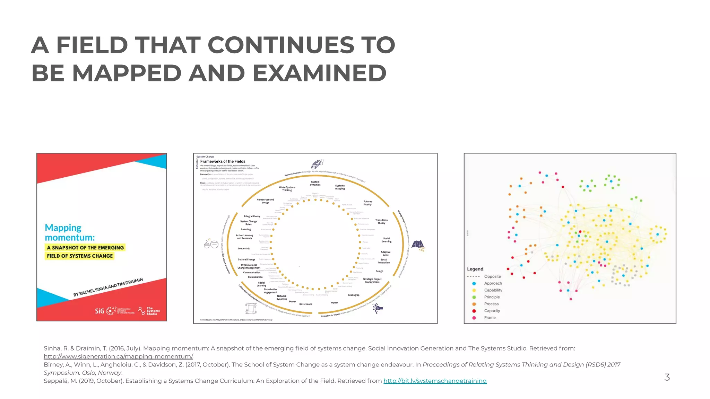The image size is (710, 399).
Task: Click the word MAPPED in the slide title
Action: pyautogui.click(x=127, y=73)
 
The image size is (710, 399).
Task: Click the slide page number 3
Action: pyautogui.click(x=667, y=377)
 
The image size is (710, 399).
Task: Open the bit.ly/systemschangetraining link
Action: pyautogui.click(x=435, y=381)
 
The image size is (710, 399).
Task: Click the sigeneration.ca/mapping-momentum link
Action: pyautogui.click(x=118, y=356)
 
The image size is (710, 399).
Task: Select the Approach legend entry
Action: pyautogui.click(x=493, y=283)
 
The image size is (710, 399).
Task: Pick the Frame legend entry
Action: pyautogui.click(x=490, y=318)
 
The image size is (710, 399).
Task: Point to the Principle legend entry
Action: pyautogui.click(x=492, y=297)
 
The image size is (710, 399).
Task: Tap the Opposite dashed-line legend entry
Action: pyautogui.click(x=492, y=276)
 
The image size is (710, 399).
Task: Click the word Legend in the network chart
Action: pyautogui.click(x=475, y=269)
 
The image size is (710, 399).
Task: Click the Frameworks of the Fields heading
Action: pyautogui.click(x=223, y=161)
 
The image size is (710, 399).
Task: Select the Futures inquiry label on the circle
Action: pyautogui.click(x=367, y=203)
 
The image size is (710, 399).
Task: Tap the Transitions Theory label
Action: pyautogui.click(x=381, y=221)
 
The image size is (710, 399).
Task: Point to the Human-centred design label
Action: pyautogui.click(x=265, y=201)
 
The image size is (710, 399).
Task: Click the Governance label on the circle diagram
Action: pyautogui.click(x=305, y=304)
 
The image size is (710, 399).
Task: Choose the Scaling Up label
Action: pyautogui.click(x=353, y=295)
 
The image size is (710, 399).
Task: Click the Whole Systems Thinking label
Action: pyautogui.click(x=287, y=189)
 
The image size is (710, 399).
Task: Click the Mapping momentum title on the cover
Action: pyautogui.click(x=70, y=232)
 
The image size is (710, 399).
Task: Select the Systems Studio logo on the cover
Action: pyautogui.click(x=149, y=311)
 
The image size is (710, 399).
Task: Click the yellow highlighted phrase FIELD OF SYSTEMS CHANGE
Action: pyautogui.click(x=80, y=256)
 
